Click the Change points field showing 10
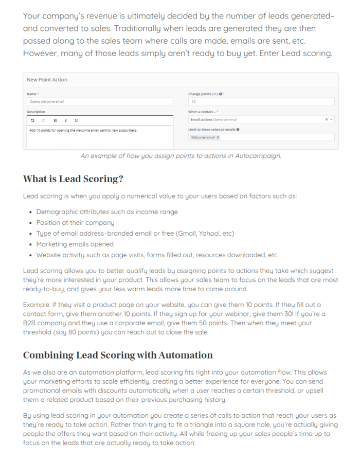coord(261,102)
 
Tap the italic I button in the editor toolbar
coord(66,120)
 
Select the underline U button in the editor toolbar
coord(77,120)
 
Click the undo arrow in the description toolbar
coord(33,120)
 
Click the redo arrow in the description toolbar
coord(44,120)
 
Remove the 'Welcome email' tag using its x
coord(218,137)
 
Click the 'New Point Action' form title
coord(47,80)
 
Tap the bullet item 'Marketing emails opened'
coord(75,244)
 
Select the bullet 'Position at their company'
coord(75,223)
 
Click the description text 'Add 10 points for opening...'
coord(83,130)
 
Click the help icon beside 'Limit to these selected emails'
coord(238,130)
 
